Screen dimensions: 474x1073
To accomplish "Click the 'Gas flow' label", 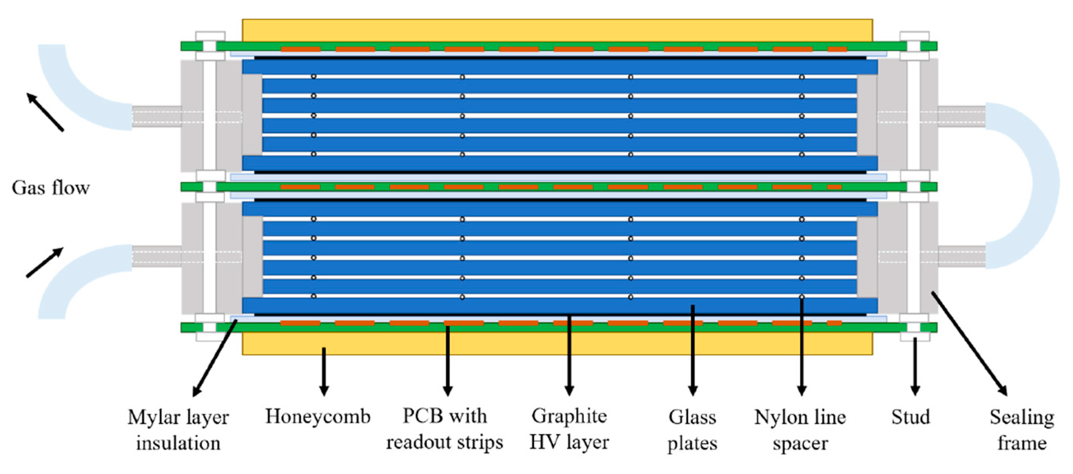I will pos(50,188).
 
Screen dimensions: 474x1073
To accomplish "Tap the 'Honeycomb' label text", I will pos(318,416).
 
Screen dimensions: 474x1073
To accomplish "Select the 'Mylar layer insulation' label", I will pos(178,430).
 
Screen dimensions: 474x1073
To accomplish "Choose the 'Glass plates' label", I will pos(692,430).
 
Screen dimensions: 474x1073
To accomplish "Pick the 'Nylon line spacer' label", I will pos(800,430).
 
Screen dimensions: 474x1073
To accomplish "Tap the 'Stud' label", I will pos(910,417).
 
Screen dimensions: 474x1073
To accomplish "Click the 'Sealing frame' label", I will pos(1022,430).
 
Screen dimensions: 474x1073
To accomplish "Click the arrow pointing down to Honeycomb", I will pos(324,371).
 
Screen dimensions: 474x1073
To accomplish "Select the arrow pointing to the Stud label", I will pos(915,367).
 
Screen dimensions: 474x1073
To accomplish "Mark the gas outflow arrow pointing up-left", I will pos(45,112).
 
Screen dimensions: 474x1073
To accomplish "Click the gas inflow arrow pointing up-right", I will pos(45,262).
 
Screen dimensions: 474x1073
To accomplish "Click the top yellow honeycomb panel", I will pos(557,30).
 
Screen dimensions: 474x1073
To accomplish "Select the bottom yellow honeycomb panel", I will pos(557,344).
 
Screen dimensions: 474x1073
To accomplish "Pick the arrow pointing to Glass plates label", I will pos(692,350).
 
